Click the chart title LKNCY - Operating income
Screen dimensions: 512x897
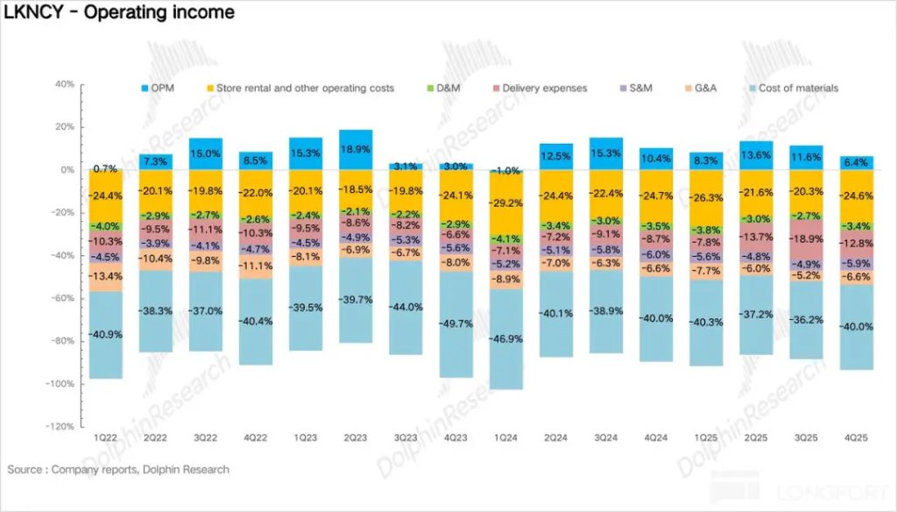pyautogui.click(x=120, y=12)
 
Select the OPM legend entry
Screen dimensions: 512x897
pyautogui.click(x=161, y=89)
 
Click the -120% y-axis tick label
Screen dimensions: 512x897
pyautogui.click(x=60, y=427)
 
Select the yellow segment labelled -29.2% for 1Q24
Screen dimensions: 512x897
pyautogui.click(x=506, y=203)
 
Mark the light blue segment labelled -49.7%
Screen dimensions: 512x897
pyautogui.click(x=456, y=324)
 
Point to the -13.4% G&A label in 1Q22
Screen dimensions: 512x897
pyautogui.click(x=106, y=276)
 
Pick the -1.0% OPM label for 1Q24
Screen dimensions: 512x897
pyautogui.click(x=505, y=170)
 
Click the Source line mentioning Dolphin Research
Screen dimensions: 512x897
pyautogui.click(x=118, y=470)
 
